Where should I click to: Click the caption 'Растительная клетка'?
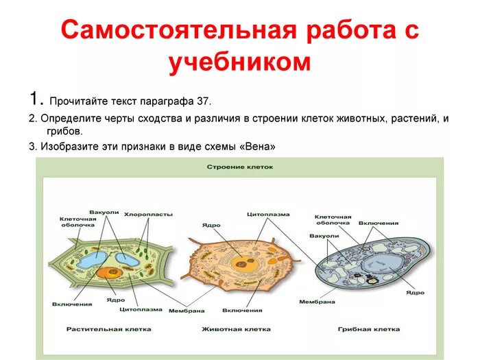click(x=105, y=329)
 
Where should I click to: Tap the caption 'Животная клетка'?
click(x=236, y=329)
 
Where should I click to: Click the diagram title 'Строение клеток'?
click(x=240, y=167)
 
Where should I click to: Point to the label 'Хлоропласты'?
click(x=148, y=215)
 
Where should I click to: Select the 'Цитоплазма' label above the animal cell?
click(x=263, y=214)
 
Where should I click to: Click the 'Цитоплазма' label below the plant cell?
click(x=134, y=309)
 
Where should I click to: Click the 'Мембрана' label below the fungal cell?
click(x=317, y=302)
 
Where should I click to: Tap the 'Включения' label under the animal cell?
click(x=241, y=310)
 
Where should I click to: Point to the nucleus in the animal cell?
click(x=241, y=262)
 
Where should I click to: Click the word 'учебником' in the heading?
click(x=240, y=62)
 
